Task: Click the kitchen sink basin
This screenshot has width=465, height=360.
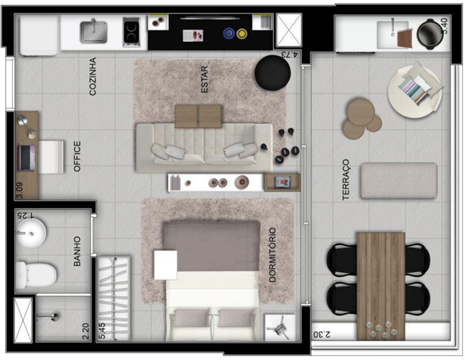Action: pos(93,32)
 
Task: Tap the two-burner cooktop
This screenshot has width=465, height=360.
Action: pos(131,32)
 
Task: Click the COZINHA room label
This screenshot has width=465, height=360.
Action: pos(93,76)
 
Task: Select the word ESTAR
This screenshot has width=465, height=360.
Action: pos(204,79)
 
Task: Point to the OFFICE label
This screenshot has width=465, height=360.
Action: pos(77,156)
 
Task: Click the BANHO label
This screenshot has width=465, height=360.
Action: pos(77,251)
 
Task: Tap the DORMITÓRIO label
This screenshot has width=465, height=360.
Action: pos(272,254)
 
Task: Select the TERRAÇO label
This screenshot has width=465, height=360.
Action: pos(346,180)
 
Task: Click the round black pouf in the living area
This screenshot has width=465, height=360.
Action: pos(272,73)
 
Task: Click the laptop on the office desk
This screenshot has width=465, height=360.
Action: pos(27,157)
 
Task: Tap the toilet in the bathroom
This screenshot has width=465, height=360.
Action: pos(36,274)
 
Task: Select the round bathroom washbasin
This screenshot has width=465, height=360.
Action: pos(31,234)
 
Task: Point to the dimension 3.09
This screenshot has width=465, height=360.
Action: pos(19,190)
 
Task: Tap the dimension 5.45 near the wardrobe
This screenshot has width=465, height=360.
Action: pos(102,331)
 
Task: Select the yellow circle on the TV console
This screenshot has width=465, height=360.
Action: pos(241,33)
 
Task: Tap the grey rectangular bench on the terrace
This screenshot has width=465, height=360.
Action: pos(399,180)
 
